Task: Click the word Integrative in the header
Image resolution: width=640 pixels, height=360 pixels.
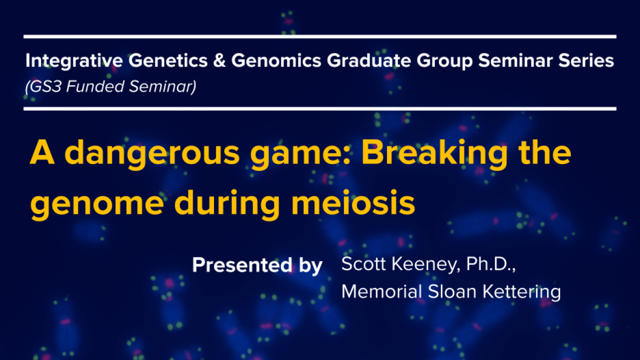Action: click(x=74, y=60)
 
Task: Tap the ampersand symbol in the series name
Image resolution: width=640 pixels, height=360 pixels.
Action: click(x=219, y=60)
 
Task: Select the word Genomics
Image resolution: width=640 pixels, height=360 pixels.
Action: click(x=276, y=60)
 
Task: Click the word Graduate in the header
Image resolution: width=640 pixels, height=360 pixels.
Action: click(x=369, y=60)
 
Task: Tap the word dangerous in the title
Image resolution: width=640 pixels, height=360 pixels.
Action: click(x=152, y=153)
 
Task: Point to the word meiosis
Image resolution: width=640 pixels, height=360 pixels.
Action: click(x=353, y=202)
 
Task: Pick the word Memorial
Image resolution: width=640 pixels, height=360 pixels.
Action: click(x=381, y=291)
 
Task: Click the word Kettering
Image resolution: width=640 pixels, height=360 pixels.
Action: click(x=521, y=292)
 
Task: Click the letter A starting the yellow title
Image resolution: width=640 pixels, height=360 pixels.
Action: click(x=42, y=152)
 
